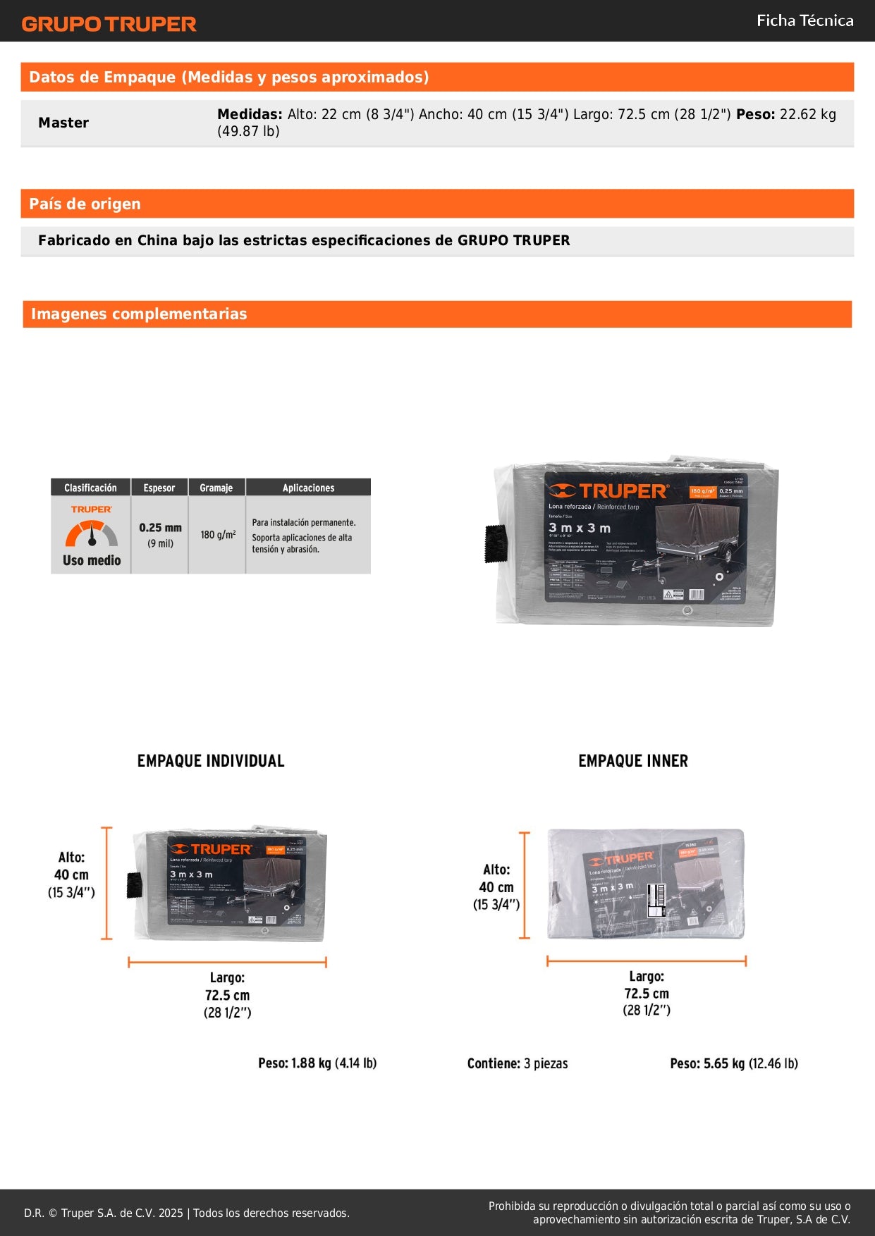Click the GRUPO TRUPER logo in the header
coord(109,24)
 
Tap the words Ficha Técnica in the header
coord(804,20)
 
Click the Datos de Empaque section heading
coord(228,78)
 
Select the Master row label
coord(63,123)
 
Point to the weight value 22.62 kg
coord(808,114)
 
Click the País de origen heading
coord(85,204)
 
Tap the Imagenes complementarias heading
coord(139,314)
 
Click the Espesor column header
coord(159,488)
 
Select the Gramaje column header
coord(216,488)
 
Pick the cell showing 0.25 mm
coord(160,528)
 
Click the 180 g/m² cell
coord(218,535)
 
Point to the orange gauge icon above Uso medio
coord(92,533)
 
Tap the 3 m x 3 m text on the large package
coord(580,528)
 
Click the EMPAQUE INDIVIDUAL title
coord(211,761)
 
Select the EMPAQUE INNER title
coord(632,761)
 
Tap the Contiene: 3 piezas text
coord(517,1063)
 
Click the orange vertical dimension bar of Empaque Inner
coord(524,885)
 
